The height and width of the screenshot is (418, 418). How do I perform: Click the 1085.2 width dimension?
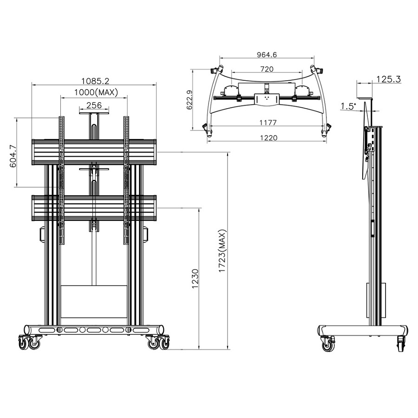pyautogui.click(x=94, y=79)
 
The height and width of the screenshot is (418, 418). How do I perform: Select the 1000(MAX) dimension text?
pyautogui.click(x=94, y=92)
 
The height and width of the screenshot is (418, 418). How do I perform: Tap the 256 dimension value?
pyautogui.click(x=94, y=105)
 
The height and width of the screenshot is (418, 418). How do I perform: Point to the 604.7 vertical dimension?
pyautogui.click(x=13, y=153)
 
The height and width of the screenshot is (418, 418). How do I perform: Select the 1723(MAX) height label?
pyautogui.click(x=223, y=251)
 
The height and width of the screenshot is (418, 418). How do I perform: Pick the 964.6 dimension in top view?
pyautogui.click(x=267, y=55)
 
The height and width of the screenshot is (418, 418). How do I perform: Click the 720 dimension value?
pyautogui.click(x=267, y=69)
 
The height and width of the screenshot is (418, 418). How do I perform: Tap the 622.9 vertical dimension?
pyautogui.click(x=189, y=99)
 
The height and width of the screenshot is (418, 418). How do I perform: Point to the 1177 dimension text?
pyautogui.click(x=268, y=123)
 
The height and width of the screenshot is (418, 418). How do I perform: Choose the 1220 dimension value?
pyautogui.click(x=268, y=137)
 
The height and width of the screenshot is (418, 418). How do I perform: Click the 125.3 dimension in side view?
pyautogui.click(x=388, y=79)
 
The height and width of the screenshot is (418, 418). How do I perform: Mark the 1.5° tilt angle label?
pyautogui.click(x=348, y=106)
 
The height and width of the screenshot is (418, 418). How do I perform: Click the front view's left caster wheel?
pyautogui.click(x=29, y=343)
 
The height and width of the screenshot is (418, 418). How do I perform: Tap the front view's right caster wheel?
pyautogui.click(x=157, y=343)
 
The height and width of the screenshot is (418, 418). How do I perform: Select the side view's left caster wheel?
pyautogui.click(x=328, y=344)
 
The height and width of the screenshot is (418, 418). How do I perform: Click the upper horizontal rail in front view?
pyautogui.click(x=94, y=151)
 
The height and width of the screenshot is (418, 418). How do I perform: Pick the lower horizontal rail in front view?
pyautogui.click(x=94, y=207)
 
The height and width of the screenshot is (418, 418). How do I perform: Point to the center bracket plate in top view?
pyautogui.click(x=267, y=98)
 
